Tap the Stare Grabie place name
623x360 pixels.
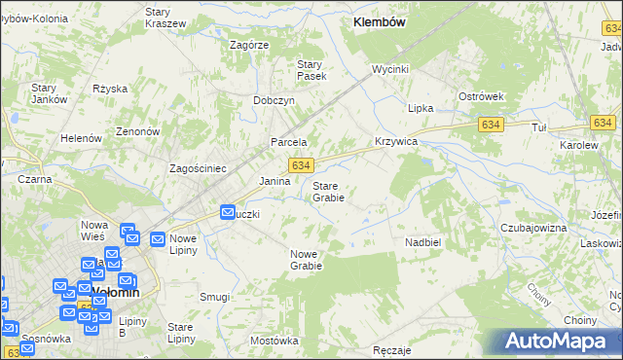click(327, 191)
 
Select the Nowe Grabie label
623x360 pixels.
click(306, 259)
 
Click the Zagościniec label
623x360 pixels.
click(198, 168)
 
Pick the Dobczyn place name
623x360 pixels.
click(274, 100)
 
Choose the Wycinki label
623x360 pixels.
click(389, 70)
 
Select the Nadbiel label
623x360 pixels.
click(423, 241)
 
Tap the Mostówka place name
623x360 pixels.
click(274, 341)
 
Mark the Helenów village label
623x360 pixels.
click(82, 138)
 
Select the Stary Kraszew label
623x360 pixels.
click(165, 17)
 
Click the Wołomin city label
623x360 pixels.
click(115, 291)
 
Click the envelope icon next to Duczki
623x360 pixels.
click(227, 211)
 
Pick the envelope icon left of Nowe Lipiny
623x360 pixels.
click(157, 238)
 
